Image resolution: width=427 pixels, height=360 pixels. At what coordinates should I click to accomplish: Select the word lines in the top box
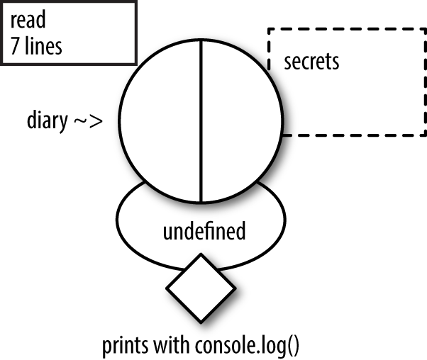click(42, 47)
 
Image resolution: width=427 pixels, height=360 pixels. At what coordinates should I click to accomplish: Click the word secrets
click(311, 62)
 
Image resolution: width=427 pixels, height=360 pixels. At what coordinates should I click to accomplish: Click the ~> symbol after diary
click(88, 121)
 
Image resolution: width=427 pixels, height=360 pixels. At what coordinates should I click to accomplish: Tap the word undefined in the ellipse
click(204, 231)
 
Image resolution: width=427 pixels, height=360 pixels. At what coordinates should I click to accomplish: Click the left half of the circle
click(160, 120)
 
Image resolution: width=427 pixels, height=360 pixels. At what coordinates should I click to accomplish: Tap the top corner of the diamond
click(201, 256)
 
